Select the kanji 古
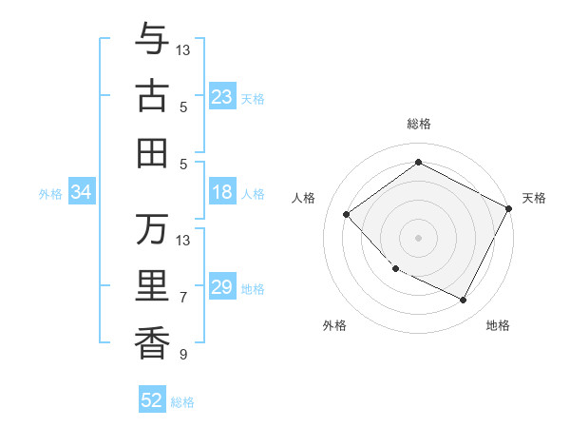(x=153, y=96)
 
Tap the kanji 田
(x=153, y=152)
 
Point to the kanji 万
(x=153, y=229)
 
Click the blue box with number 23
(x=222, y=97)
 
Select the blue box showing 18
(x=222, y=192)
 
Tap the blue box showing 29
(x=222, y=287)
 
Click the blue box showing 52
(x=152, y=400)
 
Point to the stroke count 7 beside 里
(x=183, y=298)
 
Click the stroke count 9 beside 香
(x=183, y=355)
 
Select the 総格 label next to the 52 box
(x=182, y=402)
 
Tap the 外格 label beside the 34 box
(x=50, y=194)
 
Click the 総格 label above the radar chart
(x=418, y=124)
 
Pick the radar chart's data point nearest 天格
(x=508, y=208)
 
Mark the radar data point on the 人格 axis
(x=347, y=214)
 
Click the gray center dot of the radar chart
(x=418, y=237)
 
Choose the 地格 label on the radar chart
(x=498, y=325)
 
